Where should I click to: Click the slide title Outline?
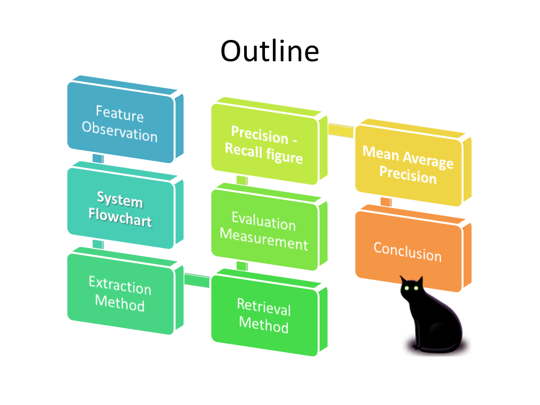click(269, 51)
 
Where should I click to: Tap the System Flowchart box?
click(120, 208)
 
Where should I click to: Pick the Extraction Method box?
click(120, 295)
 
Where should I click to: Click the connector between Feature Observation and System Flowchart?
click(98, 159)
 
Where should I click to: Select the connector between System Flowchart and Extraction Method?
click(98, 244)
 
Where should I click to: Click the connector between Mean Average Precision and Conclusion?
click(386, 201)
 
